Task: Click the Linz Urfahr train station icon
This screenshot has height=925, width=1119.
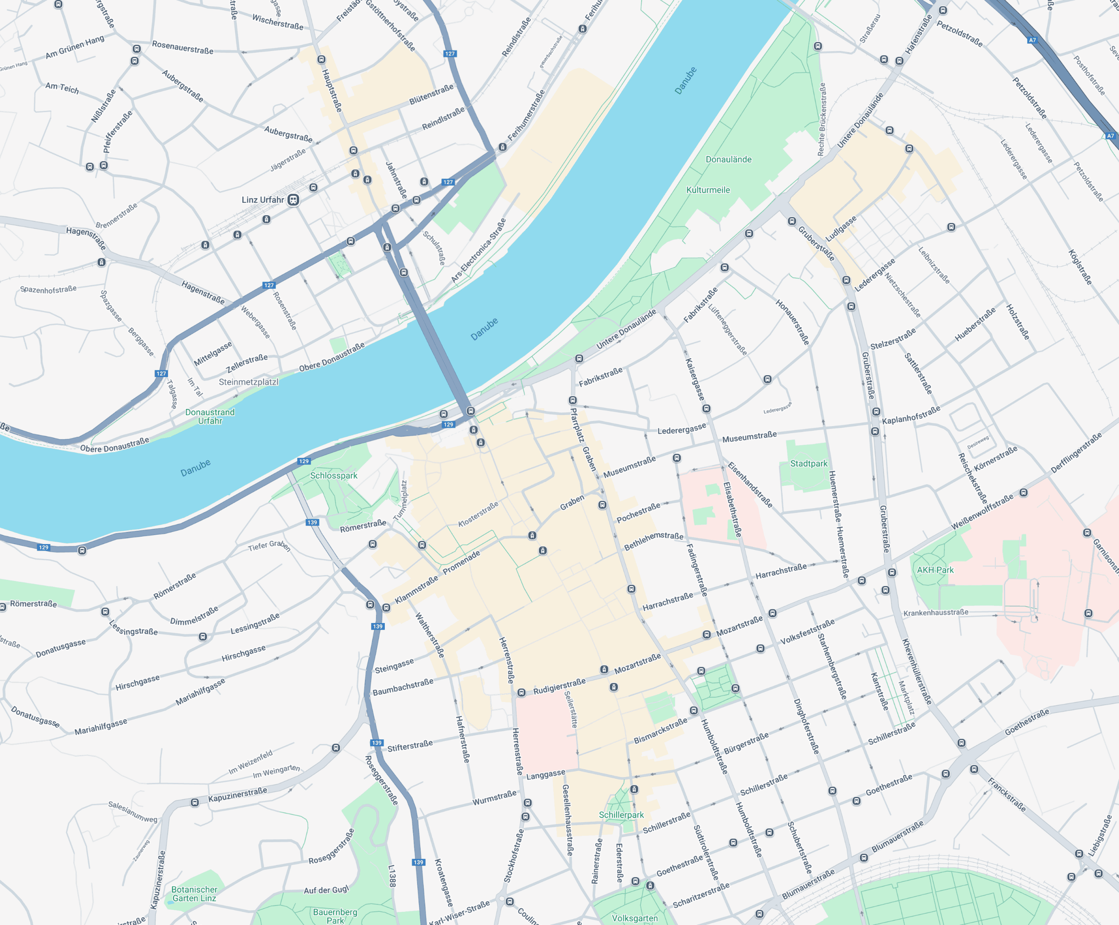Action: click(293, 200)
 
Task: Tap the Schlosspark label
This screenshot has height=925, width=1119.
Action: click(334, 475)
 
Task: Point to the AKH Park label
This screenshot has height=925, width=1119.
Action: click(935, 570)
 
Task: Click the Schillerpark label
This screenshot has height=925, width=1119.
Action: click(621, 815)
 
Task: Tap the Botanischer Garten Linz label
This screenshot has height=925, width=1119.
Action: click(194, 893)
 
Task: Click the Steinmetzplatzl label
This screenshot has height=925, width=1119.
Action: click(248, 382)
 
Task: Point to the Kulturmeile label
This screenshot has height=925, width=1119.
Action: click(708, 190)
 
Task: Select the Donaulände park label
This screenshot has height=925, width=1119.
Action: click(728, 159)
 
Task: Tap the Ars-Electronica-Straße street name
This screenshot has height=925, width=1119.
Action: click(479, 250)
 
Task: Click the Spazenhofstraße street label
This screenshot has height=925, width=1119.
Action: click(48, 289)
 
